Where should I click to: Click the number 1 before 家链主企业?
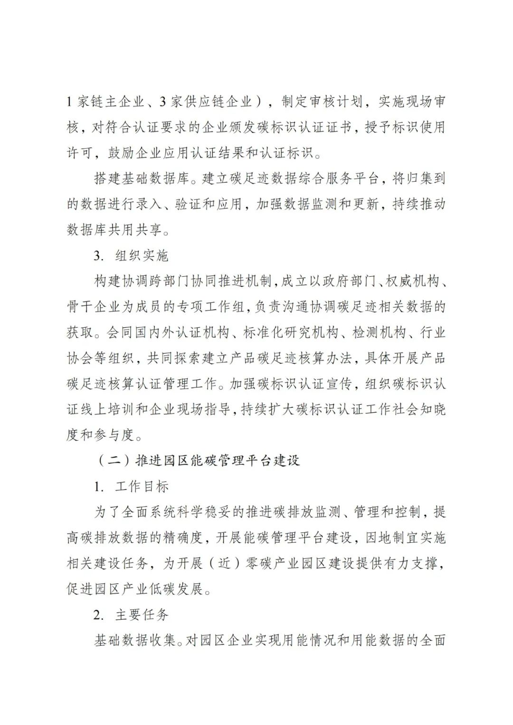click(70, 102)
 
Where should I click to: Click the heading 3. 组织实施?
click(131, 255)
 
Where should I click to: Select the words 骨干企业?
click(93, 307)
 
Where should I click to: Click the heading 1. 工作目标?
click(131, 486)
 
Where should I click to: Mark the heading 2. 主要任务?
click(131, 614)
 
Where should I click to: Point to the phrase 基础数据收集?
click(134, 640)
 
